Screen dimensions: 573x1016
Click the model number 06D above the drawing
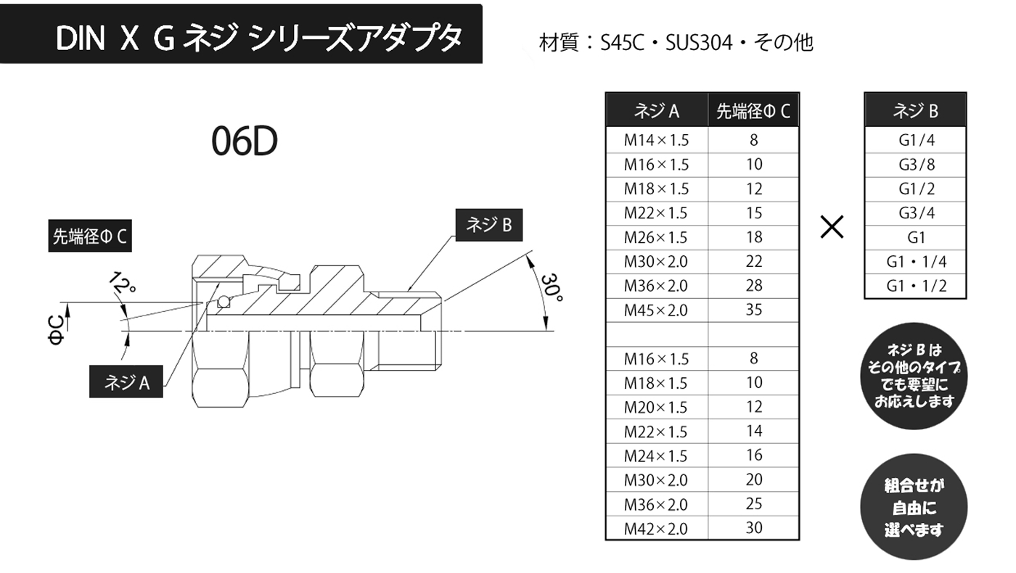pos(245,142)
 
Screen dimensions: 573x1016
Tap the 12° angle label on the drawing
pos(124,284)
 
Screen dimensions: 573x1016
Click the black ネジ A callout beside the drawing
pos(126,382)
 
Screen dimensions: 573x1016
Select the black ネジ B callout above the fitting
pos(488,226)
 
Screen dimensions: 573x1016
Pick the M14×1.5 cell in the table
pos(656,140)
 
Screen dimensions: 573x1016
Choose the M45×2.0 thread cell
pos(656,310)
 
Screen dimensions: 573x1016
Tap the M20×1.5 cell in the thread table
pos(656,407)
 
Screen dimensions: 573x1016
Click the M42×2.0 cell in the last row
pos(656,529)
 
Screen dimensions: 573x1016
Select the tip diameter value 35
pos(754,310)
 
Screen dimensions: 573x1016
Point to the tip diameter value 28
pos(754,286)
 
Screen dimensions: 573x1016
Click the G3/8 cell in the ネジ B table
pos(916,165)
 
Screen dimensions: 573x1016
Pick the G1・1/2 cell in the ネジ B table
pos(916,286)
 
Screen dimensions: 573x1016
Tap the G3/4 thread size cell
pos(916,213)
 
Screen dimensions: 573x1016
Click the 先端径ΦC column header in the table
pos(753,111)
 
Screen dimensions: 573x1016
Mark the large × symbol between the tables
pos(832,228)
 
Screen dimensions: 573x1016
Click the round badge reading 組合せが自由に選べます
pos(914,507)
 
